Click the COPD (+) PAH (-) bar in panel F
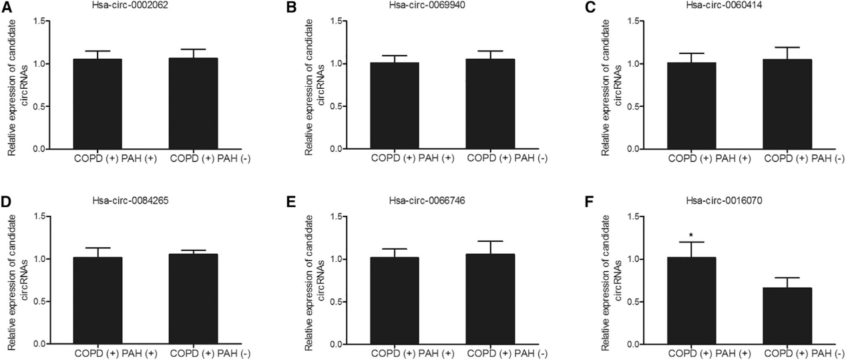pos(791,316)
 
